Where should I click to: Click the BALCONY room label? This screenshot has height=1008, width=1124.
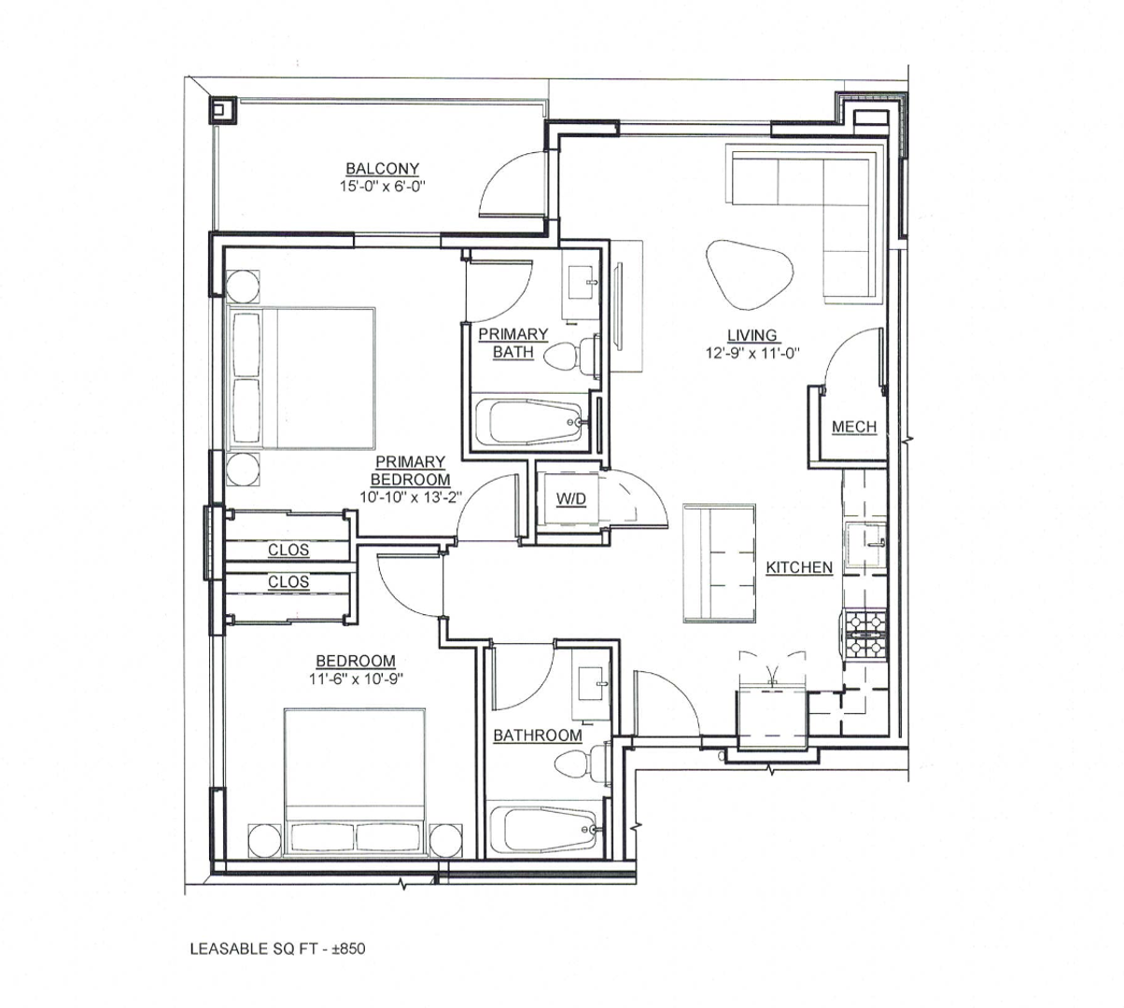click(382, 169)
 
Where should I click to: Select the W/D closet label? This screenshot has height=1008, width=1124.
click(570, 499)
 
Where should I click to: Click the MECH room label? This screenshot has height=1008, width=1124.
click(854, 427)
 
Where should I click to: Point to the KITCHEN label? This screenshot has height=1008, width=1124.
click(799, 567)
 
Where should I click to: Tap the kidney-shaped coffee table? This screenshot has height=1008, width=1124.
click(750, 273)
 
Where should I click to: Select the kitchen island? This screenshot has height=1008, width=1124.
click(720, 563)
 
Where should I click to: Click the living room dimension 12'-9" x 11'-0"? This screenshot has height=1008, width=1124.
click(753, 353)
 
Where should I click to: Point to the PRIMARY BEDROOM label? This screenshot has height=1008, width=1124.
click(411, 470)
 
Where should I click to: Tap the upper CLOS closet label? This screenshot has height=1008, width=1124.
click(288, 551)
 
